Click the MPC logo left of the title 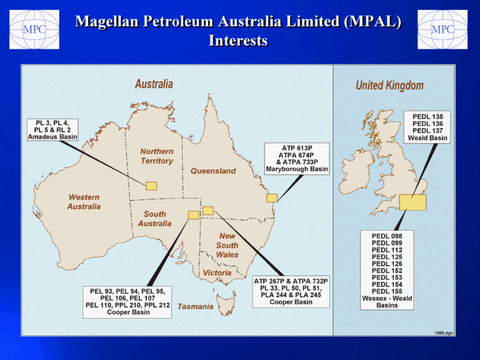[34, 29]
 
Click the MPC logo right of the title [443, 29]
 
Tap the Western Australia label [84, 202]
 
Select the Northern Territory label [157, 156]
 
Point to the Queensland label [213, 171]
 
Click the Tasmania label [195, 307]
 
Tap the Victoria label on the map [217, 273]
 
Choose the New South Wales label [227, 245]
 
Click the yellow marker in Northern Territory [151, 186]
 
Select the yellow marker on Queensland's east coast [272, 198]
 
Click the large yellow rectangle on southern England [413, 203]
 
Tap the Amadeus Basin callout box [53, 130]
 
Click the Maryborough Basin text [297, 169]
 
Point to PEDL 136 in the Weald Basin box [427, 124]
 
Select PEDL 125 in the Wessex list [387, 257]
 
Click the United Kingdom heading [389, 85]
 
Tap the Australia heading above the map [154, 84]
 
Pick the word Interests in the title [238, 41]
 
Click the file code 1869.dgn [443, 333]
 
